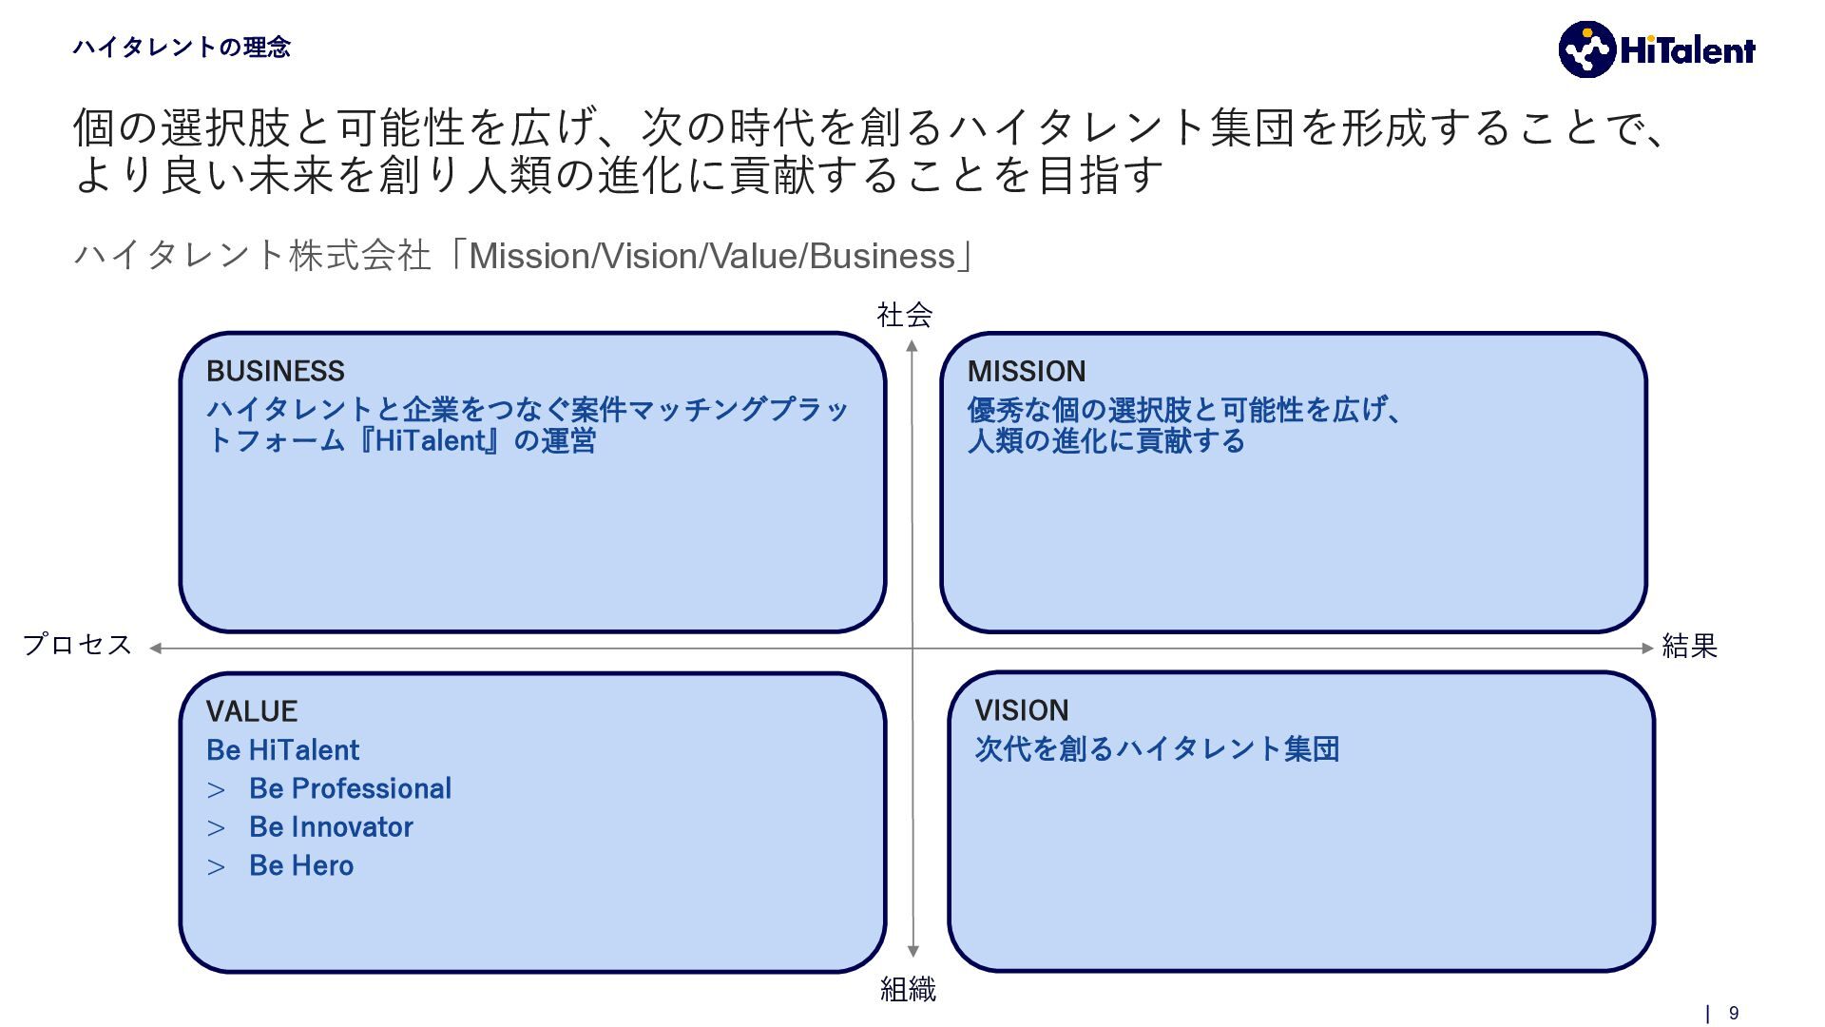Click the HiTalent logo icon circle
(1586, 49)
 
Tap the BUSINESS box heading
(276, 371)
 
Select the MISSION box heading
(1027, 371)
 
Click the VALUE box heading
(252, 711)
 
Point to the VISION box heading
(1022, 710)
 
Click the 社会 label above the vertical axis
(904, 315)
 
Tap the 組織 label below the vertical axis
(908, 990)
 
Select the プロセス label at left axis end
(78, 645)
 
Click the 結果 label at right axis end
(1689, 647)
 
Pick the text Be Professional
(350, 788)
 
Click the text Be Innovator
(331, 827)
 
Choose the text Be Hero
(301, 865)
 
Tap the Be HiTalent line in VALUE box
(283, 750)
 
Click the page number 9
(1734, 1014)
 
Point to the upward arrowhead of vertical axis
(912, 346)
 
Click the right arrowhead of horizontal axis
(1647, 649)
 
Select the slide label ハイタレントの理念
(182, 48)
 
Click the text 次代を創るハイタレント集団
(1157, 749)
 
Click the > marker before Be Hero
(217, 867)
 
